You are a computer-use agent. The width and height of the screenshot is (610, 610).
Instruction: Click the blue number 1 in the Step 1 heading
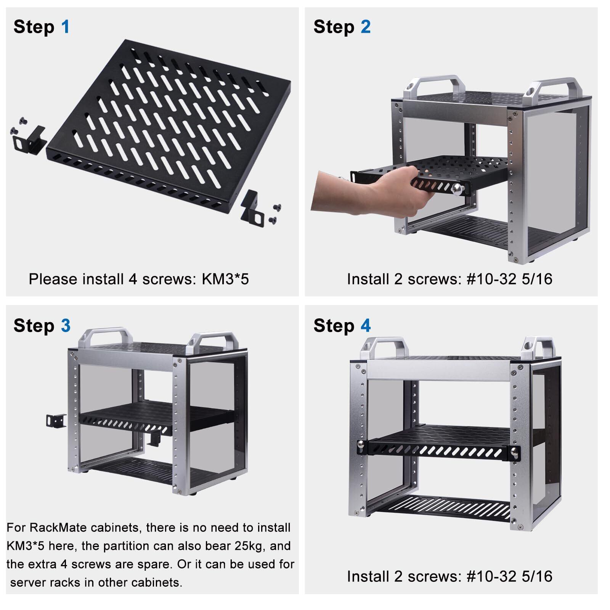[x=66, y=27]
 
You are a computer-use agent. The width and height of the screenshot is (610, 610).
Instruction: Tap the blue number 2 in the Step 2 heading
[x=365, y=27]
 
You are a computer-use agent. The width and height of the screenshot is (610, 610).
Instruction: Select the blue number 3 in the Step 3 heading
[x=66, y=326]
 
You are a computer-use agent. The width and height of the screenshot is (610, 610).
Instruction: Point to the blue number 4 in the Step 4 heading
[x=366, y=326]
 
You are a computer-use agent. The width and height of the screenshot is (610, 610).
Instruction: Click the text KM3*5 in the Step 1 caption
[x=225, y=279]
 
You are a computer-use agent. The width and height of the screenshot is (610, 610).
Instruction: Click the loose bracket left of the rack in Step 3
[x=56, y=420]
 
